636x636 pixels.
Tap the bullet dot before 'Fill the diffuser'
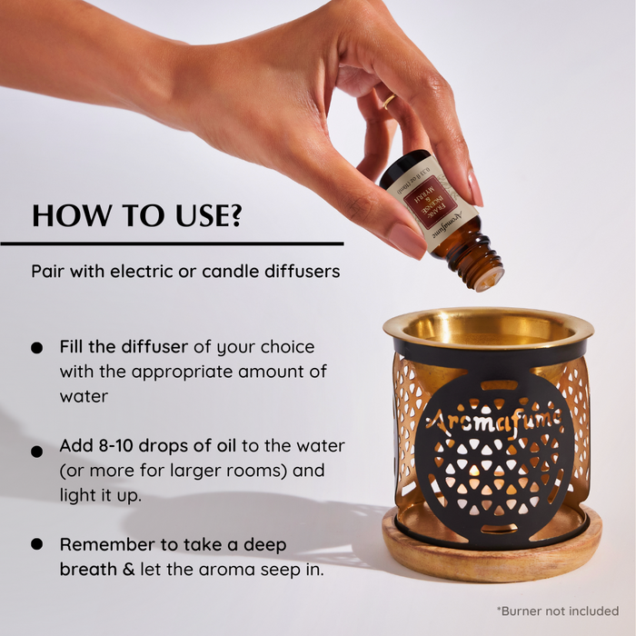tap(36, 348)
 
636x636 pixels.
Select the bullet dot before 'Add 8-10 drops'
tap(36, 451)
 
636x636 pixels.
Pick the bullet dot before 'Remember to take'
tap(36, 544)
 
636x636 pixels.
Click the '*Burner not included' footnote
tap(557, 610)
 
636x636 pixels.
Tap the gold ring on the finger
tap(389, 102)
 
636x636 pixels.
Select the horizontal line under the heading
tap(173, 243)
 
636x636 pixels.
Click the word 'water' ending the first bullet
tap(83, 396)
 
